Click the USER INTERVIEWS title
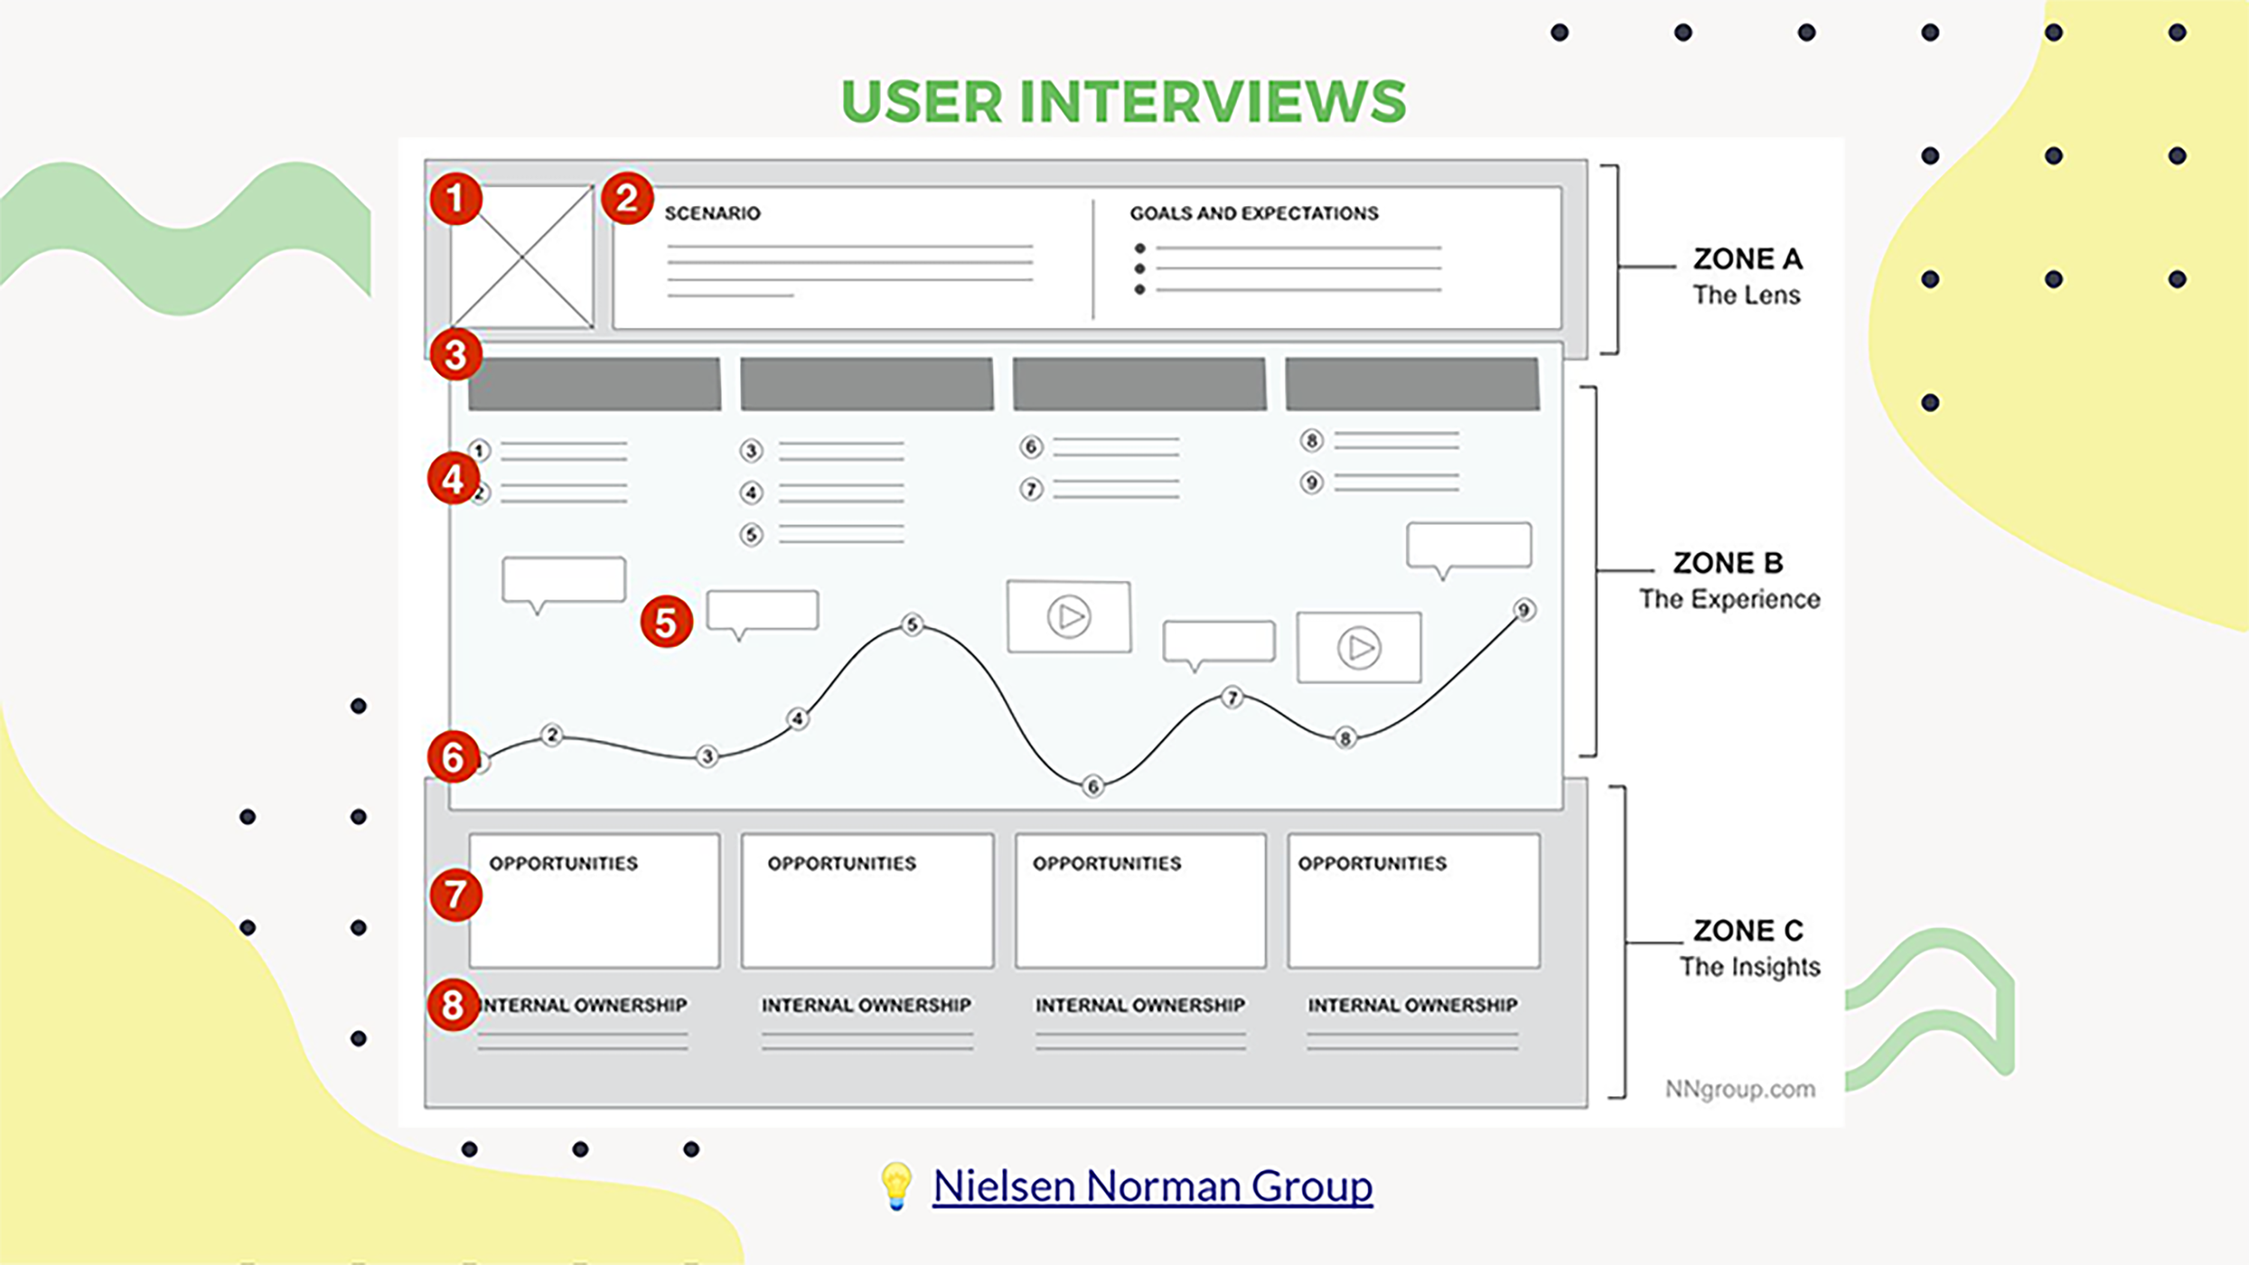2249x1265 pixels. pyautogui.click(x=1124, y=101)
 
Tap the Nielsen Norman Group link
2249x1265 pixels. pyautogui.click(x=1152, y=1186)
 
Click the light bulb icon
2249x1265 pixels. pyautogui.click(x=896, y=1185)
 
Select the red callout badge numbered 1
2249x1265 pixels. pyautogui.click(x=456, y=198)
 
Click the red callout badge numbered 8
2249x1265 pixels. pyautogui.click(x=453, y=1005)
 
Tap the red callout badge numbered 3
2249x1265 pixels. pyautogui.click(x=456, y=354)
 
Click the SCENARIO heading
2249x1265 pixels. pyautogui.click(x=712, y=213)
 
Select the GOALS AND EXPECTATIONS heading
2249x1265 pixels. pyautogui.click(x=1253, y=213)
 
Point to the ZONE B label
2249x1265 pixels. pyautogui.click(x=1728, y=563)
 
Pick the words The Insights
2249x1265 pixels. pyautogui.click(x=1750, y=967)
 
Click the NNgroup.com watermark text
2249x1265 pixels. pyautogui.click(x=1739, y=1089)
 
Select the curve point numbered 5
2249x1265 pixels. pyautogui.click(x=912, y=625)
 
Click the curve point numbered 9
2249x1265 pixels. pyautogui.click(x=1524, y=609)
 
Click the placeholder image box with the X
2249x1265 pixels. pyautogui.click(x=522, y=256)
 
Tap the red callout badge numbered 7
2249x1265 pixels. pyautogui.click(x=456, y=894)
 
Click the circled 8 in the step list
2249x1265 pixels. pyautogui.click(x=1311, y=441)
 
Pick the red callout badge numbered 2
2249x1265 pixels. pyautogui.click(x=627, y=198)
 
